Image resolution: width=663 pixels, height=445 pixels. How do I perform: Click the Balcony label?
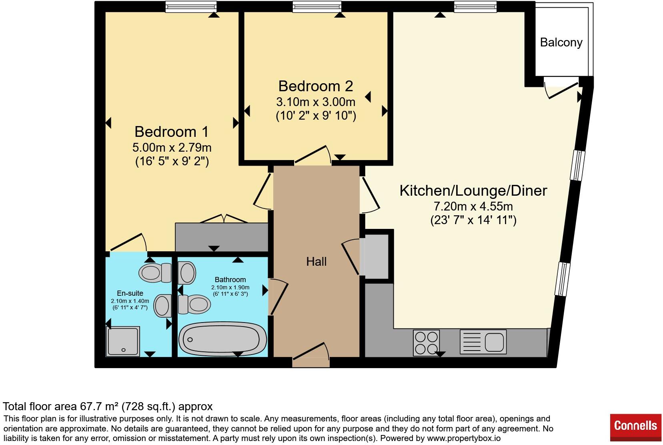tap(561, 42)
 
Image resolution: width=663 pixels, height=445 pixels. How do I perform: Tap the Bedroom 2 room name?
tap(316, 86)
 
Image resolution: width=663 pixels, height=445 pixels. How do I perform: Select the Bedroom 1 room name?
tap(172, 132)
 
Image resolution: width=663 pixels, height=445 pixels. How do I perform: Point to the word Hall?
tap(316, 261)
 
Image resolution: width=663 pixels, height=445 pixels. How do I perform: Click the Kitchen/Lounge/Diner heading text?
tap(473, 190)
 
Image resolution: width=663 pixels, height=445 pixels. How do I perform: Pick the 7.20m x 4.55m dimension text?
tap(473, 206)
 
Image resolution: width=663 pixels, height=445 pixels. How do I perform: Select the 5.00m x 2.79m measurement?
tap(172, 147)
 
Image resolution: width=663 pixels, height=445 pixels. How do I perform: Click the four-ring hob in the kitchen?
tap(426, 343)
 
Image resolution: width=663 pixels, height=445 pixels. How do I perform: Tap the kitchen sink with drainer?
tap(483, 342)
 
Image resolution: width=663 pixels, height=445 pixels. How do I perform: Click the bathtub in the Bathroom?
tap(222, 339)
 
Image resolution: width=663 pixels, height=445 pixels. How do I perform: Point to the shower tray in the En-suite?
tap(123, 341)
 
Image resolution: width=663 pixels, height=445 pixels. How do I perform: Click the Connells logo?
tap(635, 426)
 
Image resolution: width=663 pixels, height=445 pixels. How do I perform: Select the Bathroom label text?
tap(230, 279)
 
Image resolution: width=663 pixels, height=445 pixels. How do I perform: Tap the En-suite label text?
tap(130, 293)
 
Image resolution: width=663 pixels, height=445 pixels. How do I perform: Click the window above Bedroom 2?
tap(317, 7)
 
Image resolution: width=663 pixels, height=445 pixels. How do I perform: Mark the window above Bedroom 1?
tap(191, 7)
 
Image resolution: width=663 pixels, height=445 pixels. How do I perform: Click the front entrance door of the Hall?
tap(311, 355)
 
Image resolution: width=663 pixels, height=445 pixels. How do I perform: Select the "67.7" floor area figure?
tap(91, 406)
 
